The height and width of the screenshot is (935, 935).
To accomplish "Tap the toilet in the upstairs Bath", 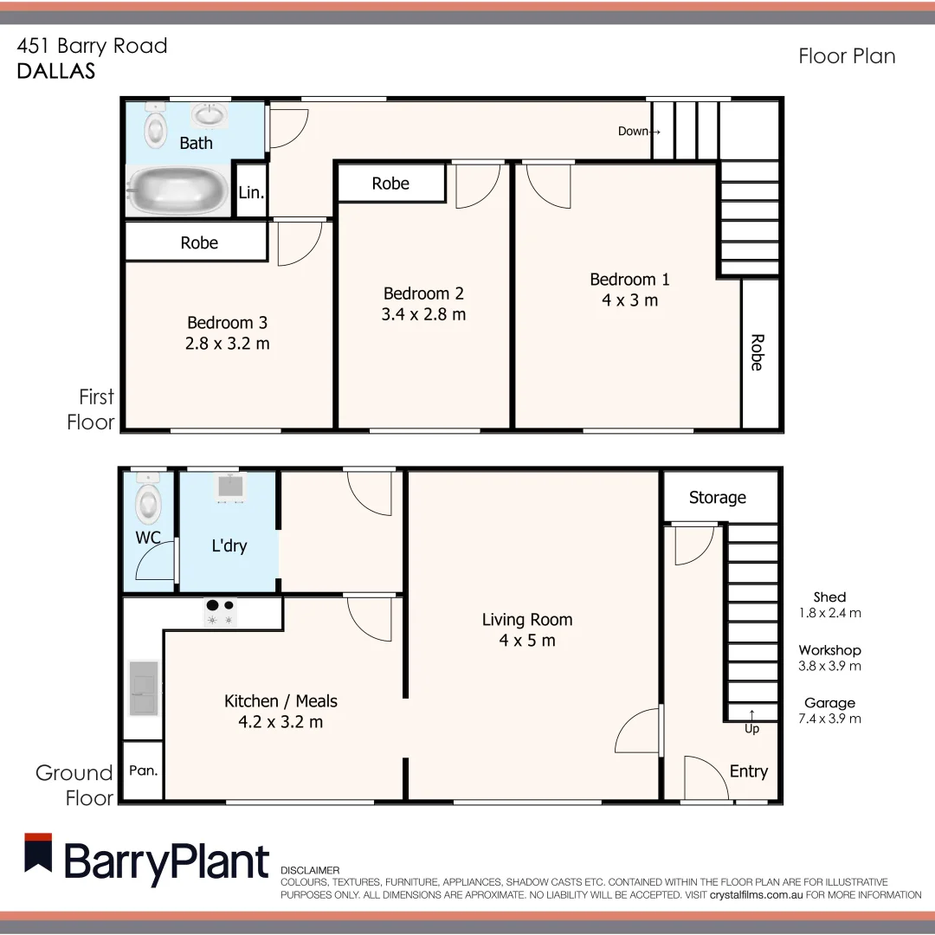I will [155, 127].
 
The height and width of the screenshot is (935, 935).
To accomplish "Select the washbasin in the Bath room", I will [208, 114].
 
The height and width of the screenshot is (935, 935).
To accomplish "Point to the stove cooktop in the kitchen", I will [220, 612].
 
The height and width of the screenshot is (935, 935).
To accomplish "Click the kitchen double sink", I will [144, 687].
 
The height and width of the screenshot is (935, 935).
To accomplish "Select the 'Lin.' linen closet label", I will [251, 192].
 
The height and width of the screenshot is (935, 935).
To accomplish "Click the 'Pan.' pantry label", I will [144, 770].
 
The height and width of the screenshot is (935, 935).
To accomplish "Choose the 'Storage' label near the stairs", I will [717, 497].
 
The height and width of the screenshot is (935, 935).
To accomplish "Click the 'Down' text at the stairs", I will [635, 132].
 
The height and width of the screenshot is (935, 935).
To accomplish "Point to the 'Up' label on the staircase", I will [751, 728].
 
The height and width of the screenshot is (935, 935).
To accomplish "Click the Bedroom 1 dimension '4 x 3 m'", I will [629, 300].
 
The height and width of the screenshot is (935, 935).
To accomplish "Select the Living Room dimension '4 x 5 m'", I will [527, 641].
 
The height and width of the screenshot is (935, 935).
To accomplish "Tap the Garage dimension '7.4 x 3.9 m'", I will [829, 719].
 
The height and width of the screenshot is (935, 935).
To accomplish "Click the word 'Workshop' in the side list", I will [829, 650].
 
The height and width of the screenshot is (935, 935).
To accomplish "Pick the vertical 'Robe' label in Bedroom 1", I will [757, 352].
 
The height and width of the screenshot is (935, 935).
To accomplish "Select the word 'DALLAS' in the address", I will [56, 71].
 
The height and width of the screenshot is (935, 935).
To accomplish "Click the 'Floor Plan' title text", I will [846, 56].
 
